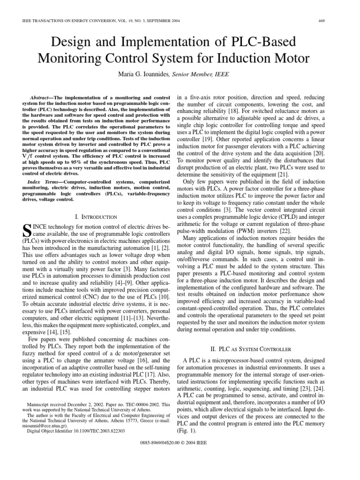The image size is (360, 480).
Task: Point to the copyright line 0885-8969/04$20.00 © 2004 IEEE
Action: coord(180,442)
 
